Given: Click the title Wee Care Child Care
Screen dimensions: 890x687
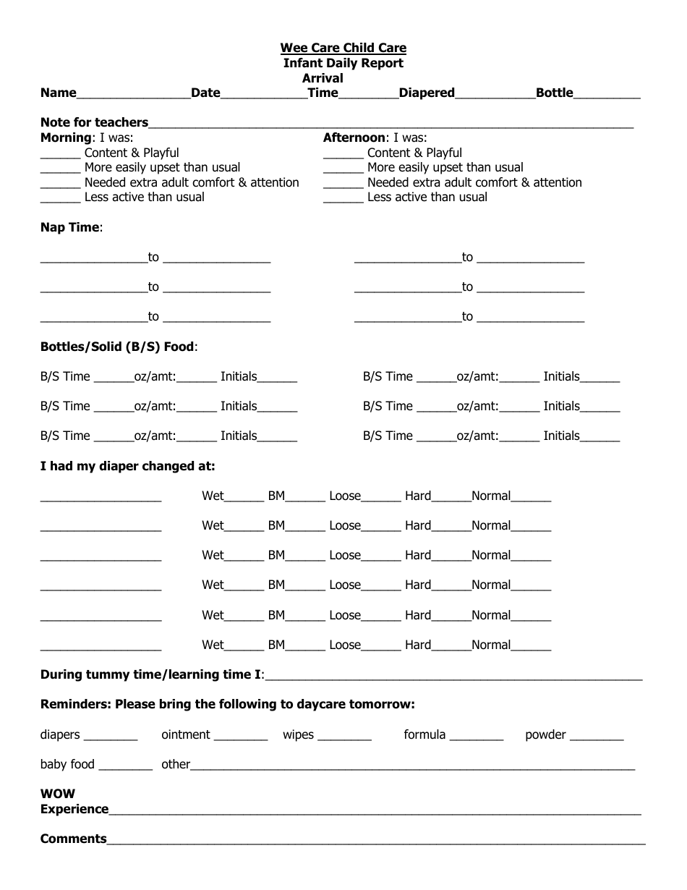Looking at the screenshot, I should tap(343, 48).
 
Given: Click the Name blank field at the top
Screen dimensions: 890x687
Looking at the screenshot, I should tap(133, 94).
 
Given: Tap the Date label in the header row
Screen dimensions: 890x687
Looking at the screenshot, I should tap(205, 93).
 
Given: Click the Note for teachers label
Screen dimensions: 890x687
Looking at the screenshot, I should tap(94, 122).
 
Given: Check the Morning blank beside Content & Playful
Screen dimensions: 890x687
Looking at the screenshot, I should tap(60, 155).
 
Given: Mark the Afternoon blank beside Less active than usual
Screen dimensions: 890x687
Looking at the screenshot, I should tap(343, 199).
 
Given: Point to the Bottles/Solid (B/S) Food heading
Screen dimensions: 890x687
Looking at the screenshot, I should tap(118, 347).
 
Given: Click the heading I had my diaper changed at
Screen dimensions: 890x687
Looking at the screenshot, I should tap(127, 466).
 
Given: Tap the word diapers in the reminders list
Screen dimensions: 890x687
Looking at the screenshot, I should tap(60, 734).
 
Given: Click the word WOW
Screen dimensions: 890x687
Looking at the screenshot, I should tap(58, 794).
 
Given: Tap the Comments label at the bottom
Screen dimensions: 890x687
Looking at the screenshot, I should tap(73, 839).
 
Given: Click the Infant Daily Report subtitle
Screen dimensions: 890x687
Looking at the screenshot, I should tap(343, 63).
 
